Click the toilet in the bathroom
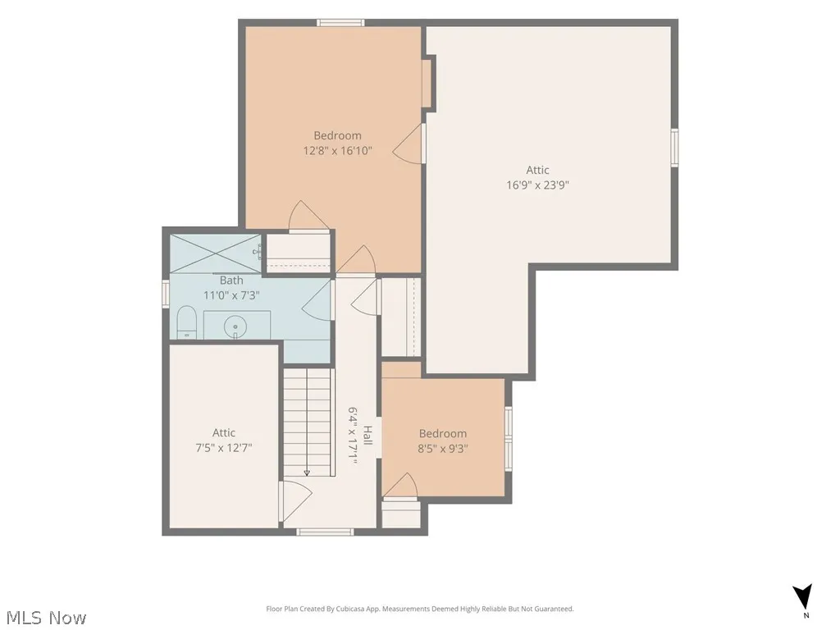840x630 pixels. [x=187, y=322]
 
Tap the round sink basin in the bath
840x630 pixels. [x=235, y=326]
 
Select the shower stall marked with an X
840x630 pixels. [x=216, y=253]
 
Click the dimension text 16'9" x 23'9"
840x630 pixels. [x=537, y=185]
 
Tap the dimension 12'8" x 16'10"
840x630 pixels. [x=337, y=151]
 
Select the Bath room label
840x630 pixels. [x=231, y=281]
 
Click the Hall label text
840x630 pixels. [x=367, y=435]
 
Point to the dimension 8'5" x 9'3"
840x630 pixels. [x=442, y=449]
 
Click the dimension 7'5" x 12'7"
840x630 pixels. [x=224, y=447]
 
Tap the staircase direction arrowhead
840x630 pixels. [x=307, y=472]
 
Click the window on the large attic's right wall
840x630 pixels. [x=674, y=148]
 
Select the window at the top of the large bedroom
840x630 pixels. [x=340, y=22]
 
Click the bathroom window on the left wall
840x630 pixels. [x=166, y=294]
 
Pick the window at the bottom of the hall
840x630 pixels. [x=325, y=532]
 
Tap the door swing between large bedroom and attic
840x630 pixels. [x=409, y=144]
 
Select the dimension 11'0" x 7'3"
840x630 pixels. [x=231, y=295]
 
